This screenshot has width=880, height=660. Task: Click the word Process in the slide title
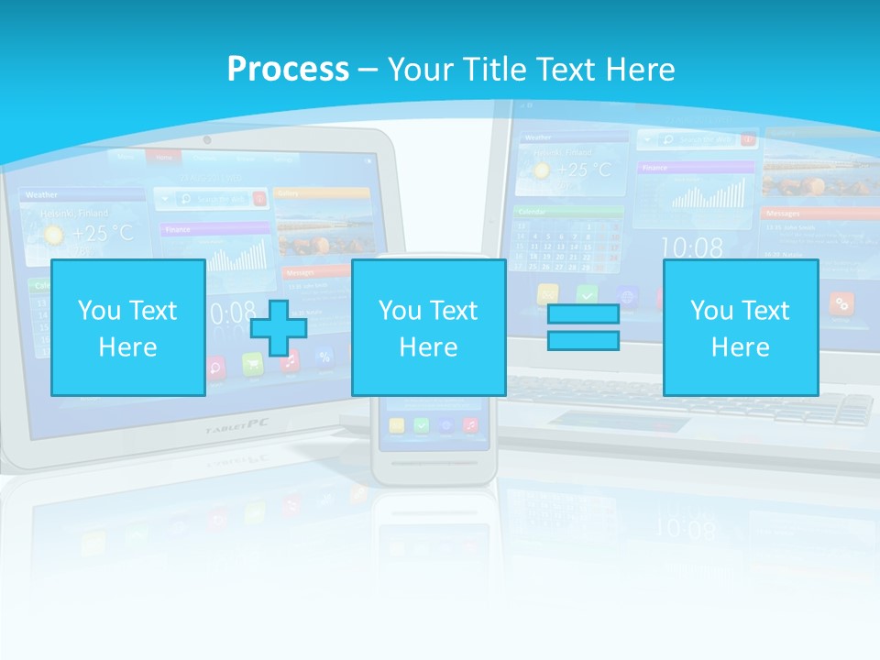tap(288, 69)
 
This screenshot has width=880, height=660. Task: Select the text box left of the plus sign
tap(127, 327)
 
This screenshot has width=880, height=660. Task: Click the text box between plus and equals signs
tap(428, 327)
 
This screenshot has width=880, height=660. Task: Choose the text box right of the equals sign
tap(740, 327)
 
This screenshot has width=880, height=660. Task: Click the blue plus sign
tap(279, 327)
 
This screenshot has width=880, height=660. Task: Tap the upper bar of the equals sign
tap(583, 313)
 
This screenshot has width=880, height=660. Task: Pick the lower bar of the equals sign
tap(583, 340)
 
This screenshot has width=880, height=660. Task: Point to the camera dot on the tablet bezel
tap(207, 140)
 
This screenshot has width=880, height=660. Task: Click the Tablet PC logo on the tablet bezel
tap(229, 426)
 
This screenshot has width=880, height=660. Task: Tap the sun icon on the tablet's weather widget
tap(54, 236)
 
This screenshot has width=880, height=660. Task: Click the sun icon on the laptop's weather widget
tap(540, 171)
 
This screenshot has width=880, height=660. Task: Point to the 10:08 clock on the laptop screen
tap(691, 247)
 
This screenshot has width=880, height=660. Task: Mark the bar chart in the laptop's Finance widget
tap(708, 193)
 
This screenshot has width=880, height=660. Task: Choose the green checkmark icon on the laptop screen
tap(587, 295)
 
